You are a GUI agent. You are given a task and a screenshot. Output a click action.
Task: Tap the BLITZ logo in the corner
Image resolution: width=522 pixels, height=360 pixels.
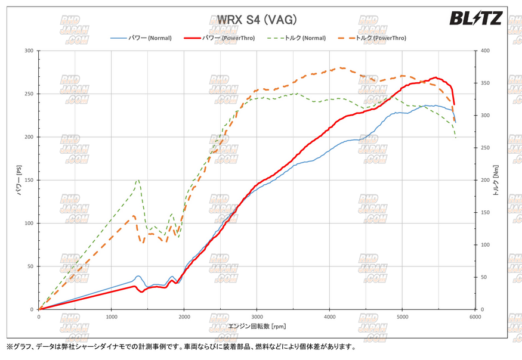click(x=475, y=19)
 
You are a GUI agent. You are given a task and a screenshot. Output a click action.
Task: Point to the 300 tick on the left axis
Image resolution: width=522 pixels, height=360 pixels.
click(x=28, y=51)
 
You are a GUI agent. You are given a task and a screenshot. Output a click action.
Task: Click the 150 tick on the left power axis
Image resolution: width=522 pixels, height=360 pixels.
click(x=28, y=180)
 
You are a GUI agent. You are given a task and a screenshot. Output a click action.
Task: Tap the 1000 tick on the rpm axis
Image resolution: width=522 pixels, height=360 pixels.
click(x=112, y=317)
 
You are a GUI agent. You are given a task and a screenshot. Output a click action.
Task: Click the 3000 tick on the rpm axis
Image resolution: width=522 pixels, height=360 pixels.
click(x=257, y=317)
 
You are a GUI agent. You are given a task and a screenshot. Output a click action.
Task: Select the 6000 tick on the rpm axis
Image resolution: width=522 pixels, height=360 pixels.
click(x=474, y=317)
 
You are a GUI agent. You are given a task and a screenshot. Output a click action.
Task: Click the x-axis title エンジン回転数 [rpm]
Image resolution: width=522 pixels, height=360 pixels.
click(x=257, y=326)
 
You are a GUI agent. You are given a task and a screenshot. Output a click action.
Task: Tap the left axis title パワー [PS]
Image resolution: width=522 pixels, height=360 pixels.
click(x=18, y=180)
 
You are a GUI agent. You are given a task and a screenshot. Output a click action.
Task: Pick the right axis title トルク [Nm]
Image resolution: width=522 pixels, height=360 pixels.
click(x=496, y=180)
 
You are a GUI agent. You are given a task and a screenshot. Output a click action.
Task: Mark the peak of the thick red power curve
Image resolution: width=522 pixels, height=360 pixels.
click(x=436, y=77)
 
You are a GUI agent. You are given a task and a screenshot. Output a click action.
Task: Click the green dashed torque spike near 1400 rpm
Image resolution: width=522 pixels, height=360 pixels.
click(x=138, y=179)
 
